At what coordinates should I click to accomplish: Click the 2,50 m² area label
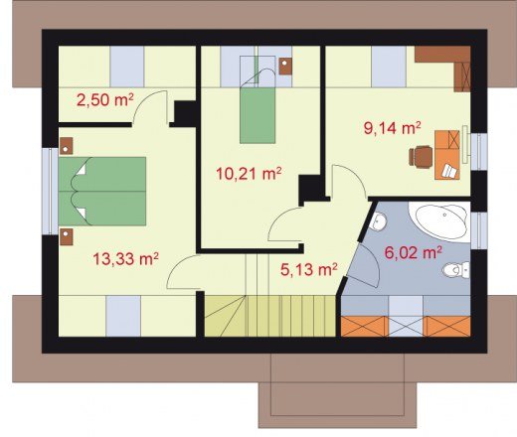pos(105,99)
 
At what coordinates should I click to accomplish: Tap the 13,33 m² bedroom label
pos(125,258)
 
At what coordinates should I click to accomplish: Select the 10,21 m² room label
pos(249,173)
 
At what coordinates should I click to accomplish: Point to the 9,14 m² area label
pos(393,128)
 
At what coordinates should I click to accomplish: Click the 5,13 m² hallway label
pos(309,269)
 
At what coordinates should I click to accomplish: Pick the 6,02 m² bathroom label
pos(413,252)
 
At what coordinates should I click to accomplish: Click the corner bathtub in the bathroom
pos(439,219)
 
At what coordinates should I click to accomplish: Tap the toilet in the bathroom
pos(456,270)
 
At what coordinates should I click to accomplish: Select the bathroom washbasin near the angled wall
pos(378,221)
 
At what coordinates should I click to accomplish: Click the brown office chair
pos(421,156)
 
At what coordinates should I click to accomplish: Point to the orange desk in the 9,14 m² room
pos(447,155)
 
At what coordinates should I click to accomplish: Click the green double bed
pos(102,192)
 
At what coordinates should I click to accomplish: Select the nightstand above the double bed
pos(66,146)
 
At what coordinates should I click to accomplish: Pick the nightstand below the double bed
pos(67,236)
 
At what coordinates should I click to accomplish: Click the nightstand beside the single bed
pos(285,67)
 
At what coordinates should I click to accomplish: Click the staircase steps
pos(269,316)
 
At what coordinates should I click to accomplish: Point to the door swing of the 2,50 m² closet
pos(150,107)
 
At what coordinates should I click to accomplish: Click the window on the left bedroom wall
pos(50,192)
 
